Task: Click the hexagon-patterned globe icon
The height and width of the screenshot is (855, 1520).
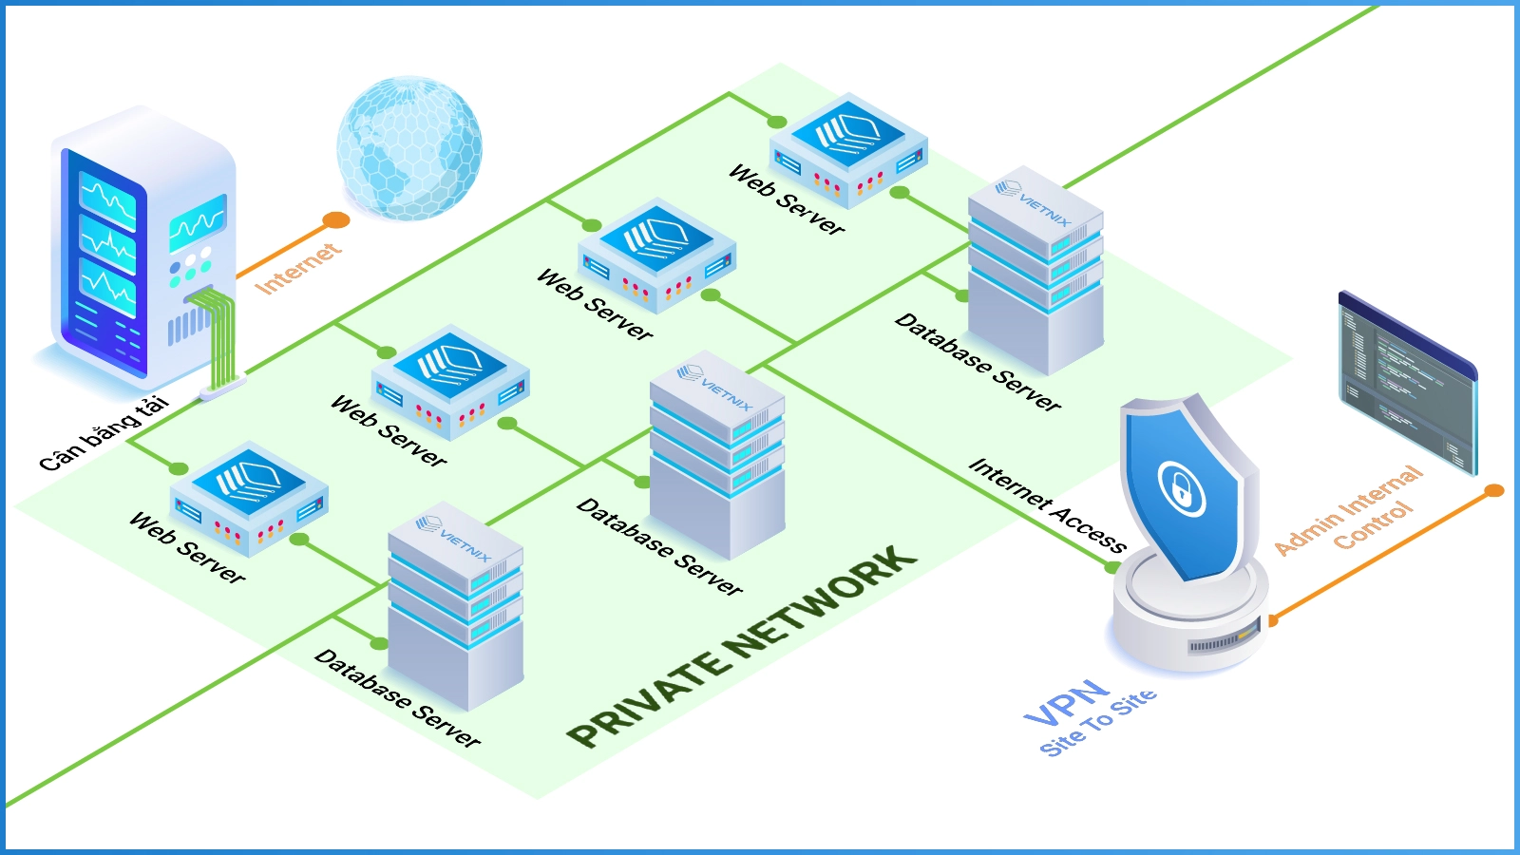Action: click(409, 147)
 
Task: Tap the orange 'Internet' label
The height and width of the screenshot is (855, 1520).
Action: click(296, 268)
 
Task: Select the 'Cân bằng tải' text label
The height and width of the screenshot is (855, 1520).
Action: click(104, 433)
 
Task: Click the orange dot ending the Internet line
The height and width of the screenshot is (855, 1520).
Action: click(335, 221)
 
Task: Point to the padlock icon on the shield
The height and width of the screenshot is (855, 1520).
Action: click(1181, 490)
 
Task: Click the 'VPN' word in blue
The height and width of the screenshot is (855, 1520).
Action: click(1067, 702)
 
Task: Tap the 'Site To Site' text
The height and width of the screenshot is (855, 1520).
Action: click(1099, 723)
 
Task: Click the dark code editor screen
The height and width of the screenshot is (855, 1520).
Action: click(1406, 380)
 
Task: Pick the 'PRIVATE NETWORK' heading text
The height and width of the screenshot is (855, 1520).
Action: click(741, 646)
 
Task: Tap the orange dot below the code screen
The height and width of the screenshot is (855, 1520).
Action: click(1494, 490)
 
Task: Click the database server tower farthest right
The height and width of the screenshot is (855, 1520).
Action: click(1035, 271)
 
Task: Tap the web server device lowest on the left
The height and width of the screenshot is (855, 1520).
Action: click(249, 498)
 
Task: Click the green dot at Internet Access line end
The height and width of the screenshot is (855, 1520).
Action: click(1111, 567)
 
